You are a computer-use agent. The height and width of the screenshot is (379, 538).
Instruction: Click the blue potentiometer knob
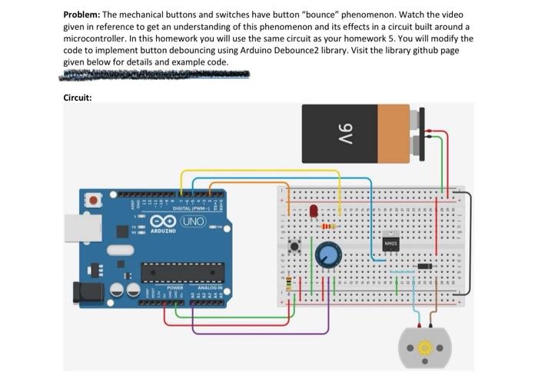click(x=327, y=253)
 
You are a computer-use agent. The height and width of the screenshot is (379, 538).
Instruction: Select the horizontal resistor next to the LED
click(x=327, y=226)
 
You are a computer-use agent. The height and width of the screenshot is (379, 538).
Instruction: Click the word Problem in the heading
click(x=83, y=15)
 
